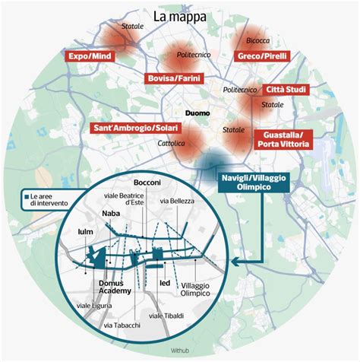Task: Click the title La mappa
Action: pos(180,17)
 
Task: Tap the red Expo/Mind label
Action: pos(90,56)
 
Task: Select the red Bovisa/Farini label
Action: pos(174,78)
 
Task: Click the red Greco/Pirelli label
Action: pos(262,56)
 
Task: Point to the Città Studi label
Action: pos(286,90)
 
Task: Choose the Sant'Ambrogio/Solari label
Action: pos(136,128)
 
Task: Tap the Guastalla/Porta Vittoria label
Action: pos(283,139)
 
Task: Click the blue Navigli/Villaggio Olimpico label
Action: pos(254,183)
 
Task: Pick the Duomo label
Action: pos(197,113)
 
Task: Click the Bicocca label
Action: pos(258,40)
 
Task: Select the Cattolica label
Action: pos(171,144)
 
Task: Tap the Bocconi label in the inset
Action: pos(147,183)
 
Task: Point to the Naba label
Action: pos(111,214)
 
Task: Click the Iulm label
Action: pos(86,232)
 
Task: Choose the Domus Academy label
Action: pos(115,287)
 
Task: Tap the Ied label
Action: pos(165,283)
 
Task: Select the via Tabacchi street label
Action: pos(122,325)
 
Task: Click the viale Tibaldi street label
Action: pos(166,316)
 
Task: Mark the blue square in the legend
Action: pos(27,196)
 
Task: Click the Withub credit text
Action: pos(180,351)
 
